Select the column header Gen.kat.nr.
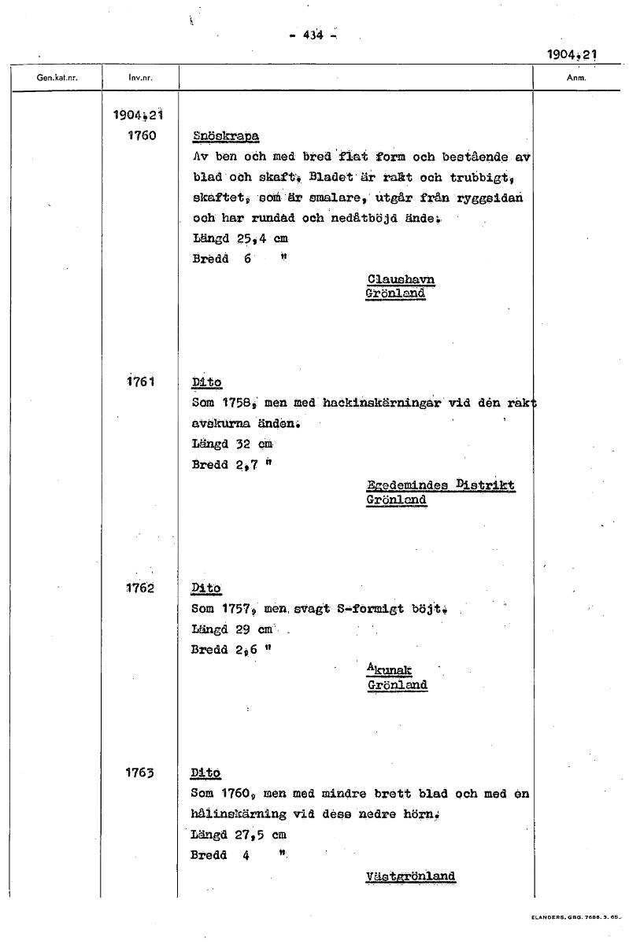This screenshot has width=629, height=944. [x=57, y=78]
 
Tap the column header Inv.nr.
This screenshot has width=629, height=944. [x=140, y=78]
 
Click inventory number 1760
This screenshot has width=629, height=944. [x=142, y=135]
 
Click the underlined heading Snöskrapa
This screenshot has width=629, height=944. [x=227, y=136]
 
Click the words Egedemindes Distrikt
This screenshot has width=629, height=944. [x=441, y=485]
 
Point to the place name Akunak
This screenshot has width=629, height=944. [x=390, y=670]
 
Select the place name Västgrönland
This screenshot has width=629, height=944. [x=410, y=876]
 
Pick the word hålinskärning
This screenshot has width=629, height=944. [x=242, y=814]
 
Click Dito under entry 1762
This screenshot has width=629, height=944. [x=206, y=588]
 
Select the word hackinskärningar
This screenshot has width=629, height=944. [x=381, y=403]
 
